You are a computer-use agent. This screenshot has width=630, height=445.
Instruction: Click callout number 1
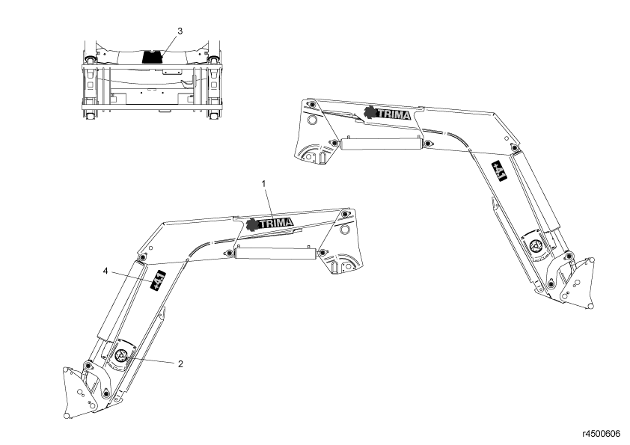[263, 183]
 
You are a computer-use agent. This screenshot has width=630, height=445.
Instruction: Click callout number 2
[180, 364]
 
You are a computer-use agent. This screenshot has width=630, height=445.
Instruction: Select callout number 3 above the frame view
[180, 31]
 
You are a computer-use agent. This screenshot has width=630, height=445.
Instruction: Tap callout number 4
[105, 271]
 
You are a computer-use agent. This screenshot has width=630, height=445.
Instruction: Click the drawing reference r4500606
[602, 433]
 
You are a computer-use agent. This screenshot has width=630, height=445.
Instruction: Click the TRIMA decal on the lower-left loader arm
[269, 224]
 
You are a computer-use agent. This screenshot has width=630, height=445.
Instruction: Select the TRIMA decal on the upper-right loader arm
[388, 114]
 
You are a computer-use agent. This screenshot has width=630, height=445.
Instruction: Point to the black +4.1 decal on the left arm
[158, 280]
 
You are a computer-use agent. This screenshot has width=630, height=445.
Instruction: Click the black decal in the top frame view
[153, 56]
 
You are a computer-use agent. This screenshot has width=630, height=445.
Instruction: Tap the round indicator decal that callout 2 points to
[120, 355]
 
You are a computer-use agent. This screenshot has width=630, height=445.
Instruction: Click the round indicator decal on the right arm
[536, 246]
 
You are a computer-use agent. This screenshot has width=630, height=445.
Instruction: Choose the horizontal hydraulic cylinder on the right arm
[381, 144]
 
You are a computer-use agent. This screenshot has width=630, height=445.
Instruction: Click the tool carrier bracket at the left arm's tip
[80, 393]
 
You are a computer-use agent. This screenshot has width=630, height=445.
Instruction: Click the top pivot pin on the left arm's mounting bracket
[345, 215]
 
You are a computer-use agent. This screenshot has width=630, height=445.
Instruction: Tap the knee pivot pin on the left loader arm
[141, 257]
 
